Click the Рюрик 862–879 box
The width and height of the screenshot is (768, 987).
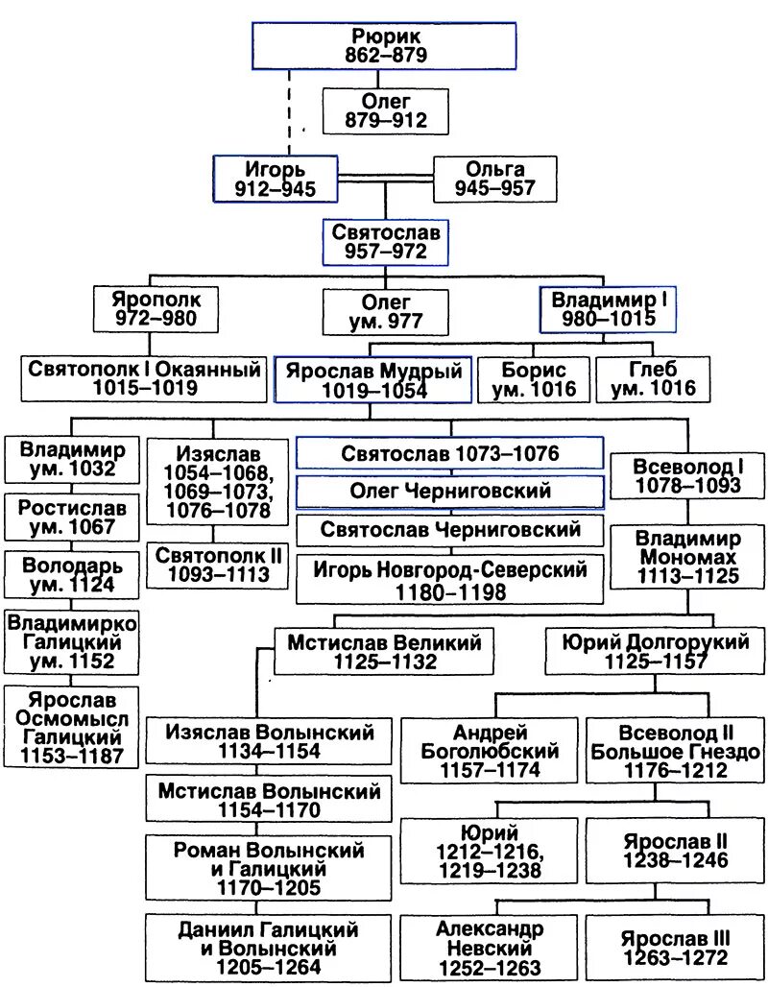[384, 45]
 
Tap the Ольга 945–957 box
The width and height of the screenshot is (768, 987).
[494, 179]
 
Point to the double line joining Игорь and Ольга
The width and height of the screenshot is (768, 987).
[386, 179]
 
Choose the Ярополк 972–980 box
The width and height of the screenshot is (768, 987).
[156, 308]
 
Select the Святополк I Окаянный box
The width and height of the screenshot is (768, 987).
[144, 378]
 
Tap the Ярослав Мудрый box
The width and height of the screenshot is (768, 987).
[372, 380]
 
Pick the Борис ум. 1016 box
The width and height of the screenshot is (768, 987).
[534, 378]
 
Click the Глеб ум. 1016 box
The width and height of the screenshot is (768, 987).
[653, 378]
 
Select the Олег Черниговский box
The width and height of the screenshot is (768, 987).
[449, 491]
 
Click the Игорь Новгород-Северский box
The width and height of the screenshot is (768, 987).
[449, 579]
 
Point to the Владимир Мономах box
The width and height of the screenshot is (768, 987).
[687, 556]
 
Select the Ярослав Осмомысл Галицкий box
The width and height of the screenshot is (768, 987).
[71, 726]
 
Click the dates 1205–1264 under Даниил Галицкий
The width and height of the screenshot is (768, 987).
[268, 967]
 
